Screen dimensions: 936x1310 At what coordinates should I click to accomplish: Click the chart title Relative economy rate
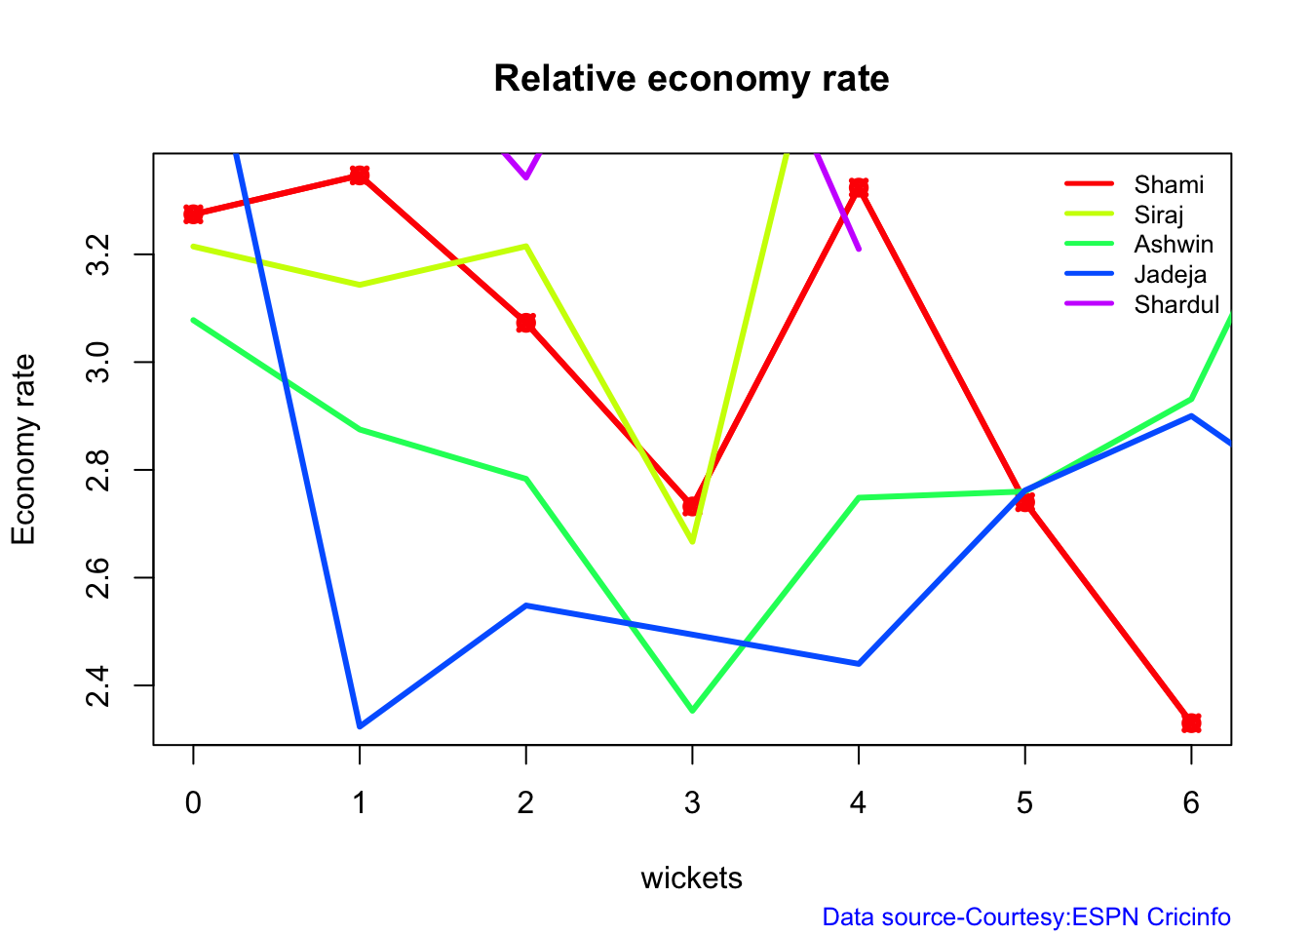691,78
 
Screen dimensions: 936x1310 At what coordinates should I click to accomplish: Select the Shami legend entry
1169,184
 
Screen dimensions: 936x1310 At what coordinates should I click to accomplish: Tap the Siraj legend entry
1159,214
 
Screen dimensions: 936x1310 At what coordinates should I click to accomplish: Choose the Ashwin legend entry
1174,245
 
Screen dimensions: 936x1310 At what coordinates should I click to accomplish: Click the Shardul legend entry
1176,305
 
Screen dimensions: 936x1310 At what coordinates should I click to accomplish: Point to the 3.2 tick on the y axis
98,254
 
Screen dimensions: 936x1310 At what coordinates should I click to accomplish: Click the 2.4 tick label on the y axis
98,685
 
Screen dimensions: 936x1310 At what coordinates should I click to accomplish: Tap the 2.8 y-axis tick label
98,470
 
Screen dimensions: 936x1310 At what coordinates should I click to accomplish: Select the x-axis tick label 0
193,803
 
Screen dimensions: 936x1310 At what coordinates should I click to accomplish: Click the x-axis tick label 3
692,803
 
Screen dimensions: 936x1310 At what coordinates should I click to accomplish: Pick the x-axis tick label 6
1191,803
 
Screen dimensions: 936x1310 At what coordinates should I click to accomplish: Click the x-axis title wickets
691,878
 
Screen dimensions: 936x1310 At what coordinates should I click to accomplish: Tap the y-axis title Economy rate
23,449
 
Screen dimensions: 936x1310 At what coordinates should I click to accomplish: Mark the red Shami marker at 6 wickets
1191,722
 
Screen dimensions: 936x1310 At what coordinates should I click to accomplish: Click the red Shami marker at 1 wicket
360,175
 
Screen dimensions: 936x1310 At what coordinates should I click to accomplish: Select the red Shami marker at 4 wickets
859,187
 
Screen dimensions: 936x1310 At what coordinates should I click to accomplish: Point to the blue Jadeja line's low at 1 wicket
360,726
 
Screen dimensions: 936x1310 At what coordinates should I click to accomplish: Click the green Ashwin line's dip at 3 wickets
692,711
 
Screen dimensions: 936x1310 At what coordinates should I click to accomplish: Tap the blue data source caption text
1026,917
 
